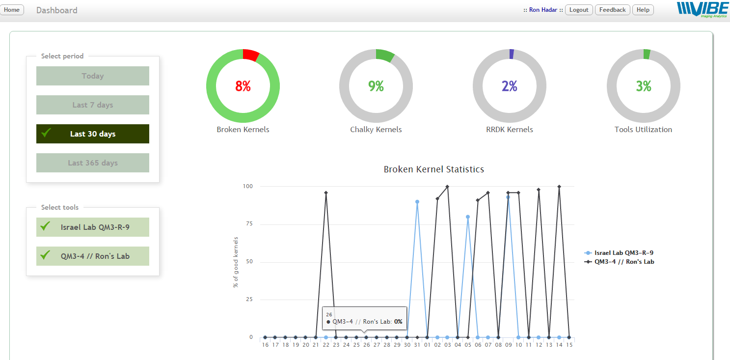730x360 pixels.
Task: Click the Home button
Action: [11, 10]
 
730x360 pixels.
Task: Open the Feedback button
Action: [612, 10]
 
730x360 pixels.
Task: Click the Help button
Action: [643, 10]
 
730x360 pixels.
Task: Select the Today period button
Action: [92, 76]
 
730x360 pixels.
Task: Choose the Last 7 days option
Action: [92, 105]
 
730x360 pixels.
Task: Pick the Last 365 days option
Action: [92, 163]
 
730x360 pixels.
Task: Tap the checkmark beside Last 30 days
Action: [47, 133]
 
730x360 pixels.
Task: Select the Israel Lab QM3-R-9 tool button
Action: [92, 227]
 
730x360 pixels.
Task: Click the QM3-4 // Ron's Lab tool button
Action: [92, 256]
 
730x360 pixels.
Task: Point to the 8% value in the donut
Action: [243, 86]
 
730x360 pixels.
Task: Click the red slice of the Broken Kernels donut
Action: [250, 55]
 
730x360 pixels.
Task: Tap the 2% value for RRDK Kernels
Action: [510, 86]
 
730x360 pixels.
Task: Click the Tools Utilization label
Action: [643, 130]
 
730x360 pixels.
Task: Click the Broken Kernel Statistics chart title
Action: [433, 169]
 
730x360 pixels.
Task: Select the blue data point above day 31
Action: [417, 202]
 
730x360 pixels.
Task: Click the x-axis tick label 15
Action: [569, 345]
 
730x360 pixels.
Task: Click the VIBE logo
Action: [701, 9]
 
